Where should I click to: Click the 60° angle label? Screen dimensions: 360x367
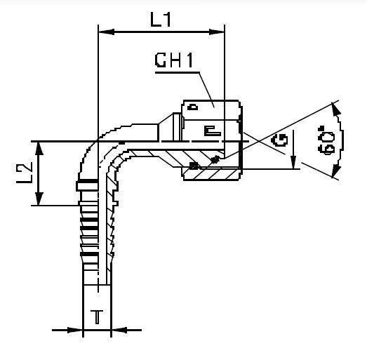pos(331,142)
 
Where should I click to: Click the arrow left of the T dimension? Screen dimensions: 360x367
pos(77,329)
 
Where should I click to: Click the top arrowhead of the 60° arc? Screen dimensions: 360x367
pos(336,106)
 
